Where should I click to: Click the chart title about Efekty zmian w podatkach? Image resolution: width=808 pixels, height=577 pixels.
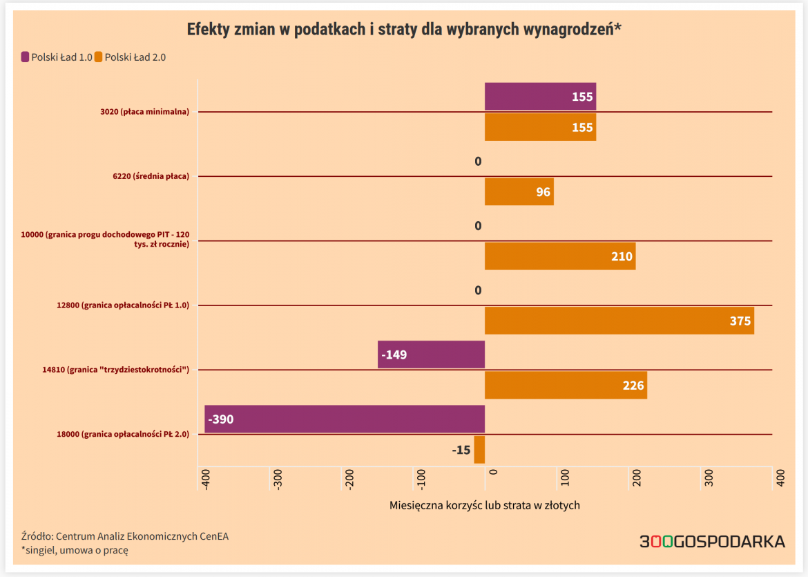[x=404, y=30]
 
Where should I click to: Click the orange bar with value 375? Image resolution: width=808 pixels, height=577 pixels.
[x=619, y=321]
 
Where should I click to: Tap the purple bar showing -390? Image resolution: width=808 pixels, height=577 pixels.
[x=345, y=419]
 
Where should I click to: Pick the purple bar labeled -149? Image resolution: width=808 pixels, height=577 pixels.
[x=431, y=354]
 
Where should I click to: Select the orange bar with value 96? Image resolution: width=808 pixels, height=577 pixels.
[x=519, y=191]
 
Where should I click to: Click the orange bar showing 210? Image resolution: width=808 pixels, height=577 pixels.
[x=559, y=256]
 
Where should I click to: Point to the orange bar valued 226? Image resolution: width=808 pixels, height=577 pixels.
[x=566, y=385]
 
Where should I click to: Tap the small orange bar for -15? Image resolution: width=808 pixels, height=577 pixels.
[x=479, y=450]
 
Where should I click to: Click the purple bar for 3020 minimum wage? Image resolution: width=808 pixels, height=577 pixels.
[x=540, y=97]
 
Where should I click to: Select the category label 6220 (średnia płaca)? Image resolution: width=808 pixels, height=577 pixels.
[x=151, y=176]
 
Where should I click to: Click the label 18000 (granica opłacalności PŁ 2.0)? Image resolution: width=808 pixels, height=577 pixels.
[x=123, y=435]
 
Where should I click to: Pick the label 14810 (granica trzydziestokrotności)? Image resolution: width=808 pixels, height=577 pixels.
[x=116, y=370]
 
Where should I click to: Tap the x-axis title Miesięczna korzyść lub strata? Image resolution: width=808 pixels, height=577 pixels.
[x=484, y=505]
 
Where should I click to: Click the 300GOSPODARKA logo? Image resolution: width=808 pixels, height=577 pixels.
[x=712, y=542]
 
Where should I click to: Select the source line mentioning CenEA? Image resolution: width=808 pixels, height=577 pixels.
[x=125, y=536]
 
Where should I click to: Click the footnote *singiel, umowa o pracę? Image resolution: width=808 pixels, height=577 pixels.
[x=75, y=551]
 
